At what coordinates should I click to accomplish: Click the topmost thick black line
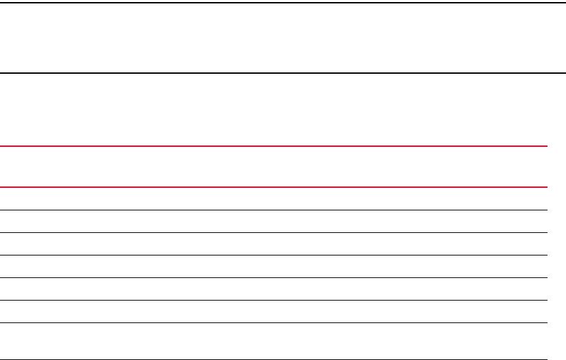[283, 3]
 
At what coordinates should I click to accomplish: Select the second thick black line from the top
[283, 72]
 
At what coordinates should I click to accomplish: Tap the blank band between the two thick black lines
[283, 38]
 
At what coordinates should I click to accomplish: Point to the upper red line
[273, 146]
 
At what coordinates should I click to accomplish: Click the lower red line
[273, 186]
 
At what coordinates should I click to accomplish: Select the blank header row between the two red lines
[273, 166]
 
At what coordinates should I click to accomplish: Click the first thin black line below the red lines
[273, 210]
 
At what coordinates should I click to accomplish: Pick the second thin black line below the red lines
[273, 232]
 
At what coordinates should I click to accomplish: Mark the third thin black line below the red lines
[273, 255]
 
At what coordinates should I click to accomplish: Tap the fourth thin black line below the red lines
[273, 277]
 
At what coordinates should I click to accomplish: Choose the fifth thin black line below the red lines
[273, 300]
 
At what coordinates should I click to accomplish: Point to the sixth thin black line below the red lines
[273, 322]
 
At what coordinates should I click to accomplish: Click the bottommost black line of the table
[273, 359]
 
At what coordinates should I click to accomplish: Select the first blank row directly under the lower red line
[273, 198]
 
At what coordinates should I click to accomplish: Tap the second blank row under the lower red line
[273, 221]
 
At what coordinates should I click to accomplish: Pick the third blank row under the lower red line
[273, 244]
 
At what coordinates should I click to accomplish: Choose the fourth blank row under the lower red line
[273, 266]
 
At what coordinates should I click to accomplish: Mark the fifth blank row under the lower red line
[273, 289]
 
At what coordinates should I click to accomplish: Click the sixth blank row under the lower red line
[273, 311]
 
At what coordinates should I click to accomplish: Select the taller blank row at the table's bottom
[273, 341]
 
